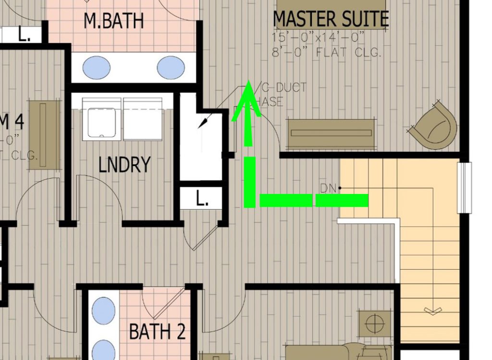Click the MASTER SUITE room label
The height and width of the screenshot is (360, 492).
click(x=331, y=19)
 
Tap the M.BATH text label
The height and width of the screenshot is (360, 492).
click(x=113, y=21)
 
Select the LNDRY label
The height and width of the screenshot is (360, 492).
click(x=124, y=165)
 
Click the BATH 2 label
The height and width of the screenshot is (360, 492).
click(x=157, y=332)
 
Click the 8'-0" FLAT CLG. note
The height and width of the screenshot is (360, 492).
click(x=327, y=52)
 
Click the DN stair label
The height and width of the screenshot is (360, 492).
click(x=328, y=188)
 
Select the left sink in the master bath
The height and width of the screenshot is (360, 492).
click(x=96, y=68)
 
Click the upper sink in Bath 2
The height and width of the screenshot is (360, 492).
click(x=103, y=310)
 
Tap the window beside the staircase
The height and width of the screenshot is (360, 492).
click(x=465, y=188)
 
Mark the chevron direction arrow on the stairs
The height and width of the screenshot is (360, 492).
click(x=432, y=312)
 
